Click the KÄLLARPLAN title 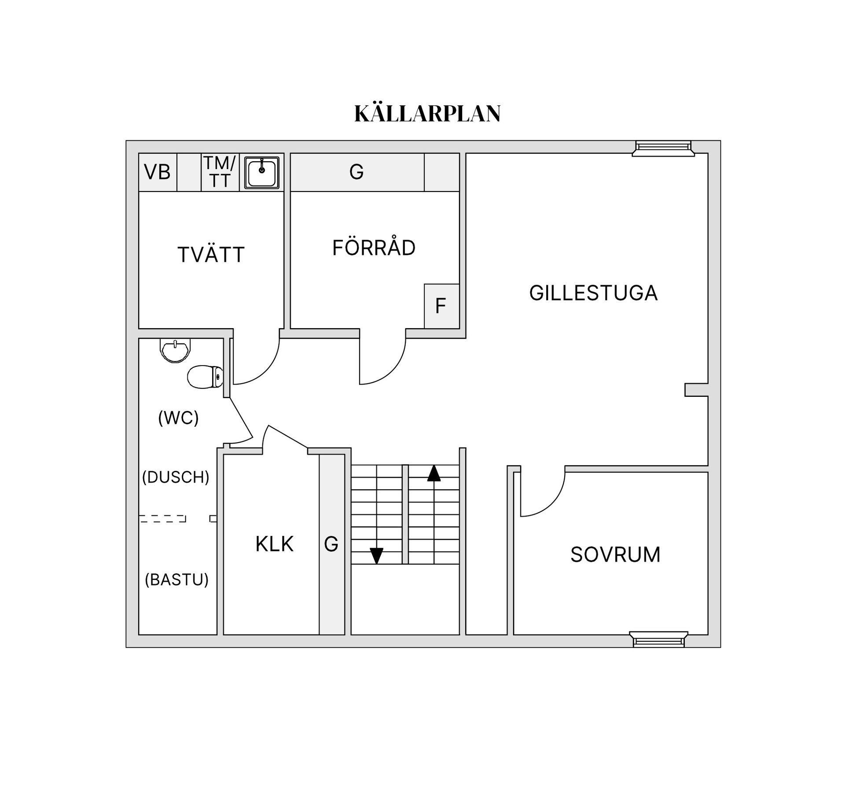tap(427, 114)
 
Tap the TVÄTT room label tap(211, 255)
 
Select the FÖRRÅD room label tap(374, 248)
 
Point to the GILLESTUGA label tap(593, 293)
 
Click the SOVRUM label tap(615, 554)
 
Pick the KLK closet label tap(274, 544)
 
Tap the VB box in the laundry tap(158, 172)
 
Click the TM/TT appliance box tap(220, 172)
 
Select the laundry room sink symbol tap(262, 173)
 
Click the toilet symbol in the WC tap(205, 377)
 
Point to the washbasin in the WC tap(175, 351)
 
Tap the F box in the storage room tap(441, 306)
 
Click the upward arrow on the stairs tap(434, 473)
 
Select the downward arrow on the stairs tap(376, 555)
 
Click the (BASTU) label tap(176, 580)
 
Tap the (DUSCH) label tap(176, 477)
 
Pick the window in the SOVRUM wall tap(658, 639)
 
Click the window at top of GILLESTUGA tap(663, 148)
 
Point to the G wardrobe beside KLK tap(331, 544)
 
